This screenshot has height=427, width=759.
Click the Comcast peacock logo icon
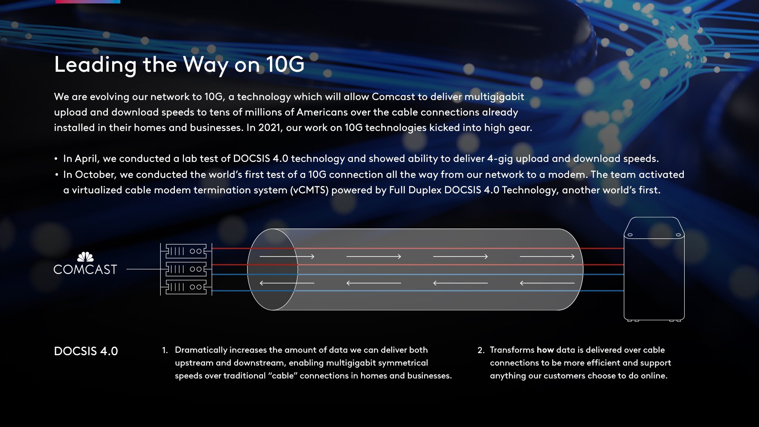pos(85,257)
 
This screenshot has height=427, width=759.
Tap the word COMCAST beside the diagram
pos(85,270)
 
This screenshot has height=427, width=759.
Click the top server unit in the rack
pos(186,251)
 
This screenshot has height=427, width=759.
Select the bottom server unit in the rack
pos(186,287)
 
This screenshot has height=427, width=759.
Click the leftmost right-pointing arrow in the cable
pos(287,256)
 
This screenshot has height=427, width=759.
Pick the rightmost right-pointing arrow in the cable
pos(547,256)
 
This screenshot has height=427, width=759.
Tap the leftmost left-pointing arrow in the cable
pos(287,283)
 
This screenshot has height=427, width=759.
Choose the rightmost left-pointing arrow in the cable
pos(547,283)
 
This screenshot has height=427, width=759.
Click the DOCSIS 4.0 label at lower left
pos(86,351)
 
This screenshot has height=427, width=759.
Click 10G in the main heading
pos(285,64)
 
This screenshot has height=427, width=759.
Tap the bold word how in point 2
pos(545,350)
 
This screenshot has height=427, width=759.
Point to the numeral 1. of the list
pos(165,350)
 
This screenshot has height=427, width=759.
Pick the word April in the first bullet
pos(87,159)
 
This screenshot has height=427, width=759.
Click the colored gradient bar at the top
pos(88,2)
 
